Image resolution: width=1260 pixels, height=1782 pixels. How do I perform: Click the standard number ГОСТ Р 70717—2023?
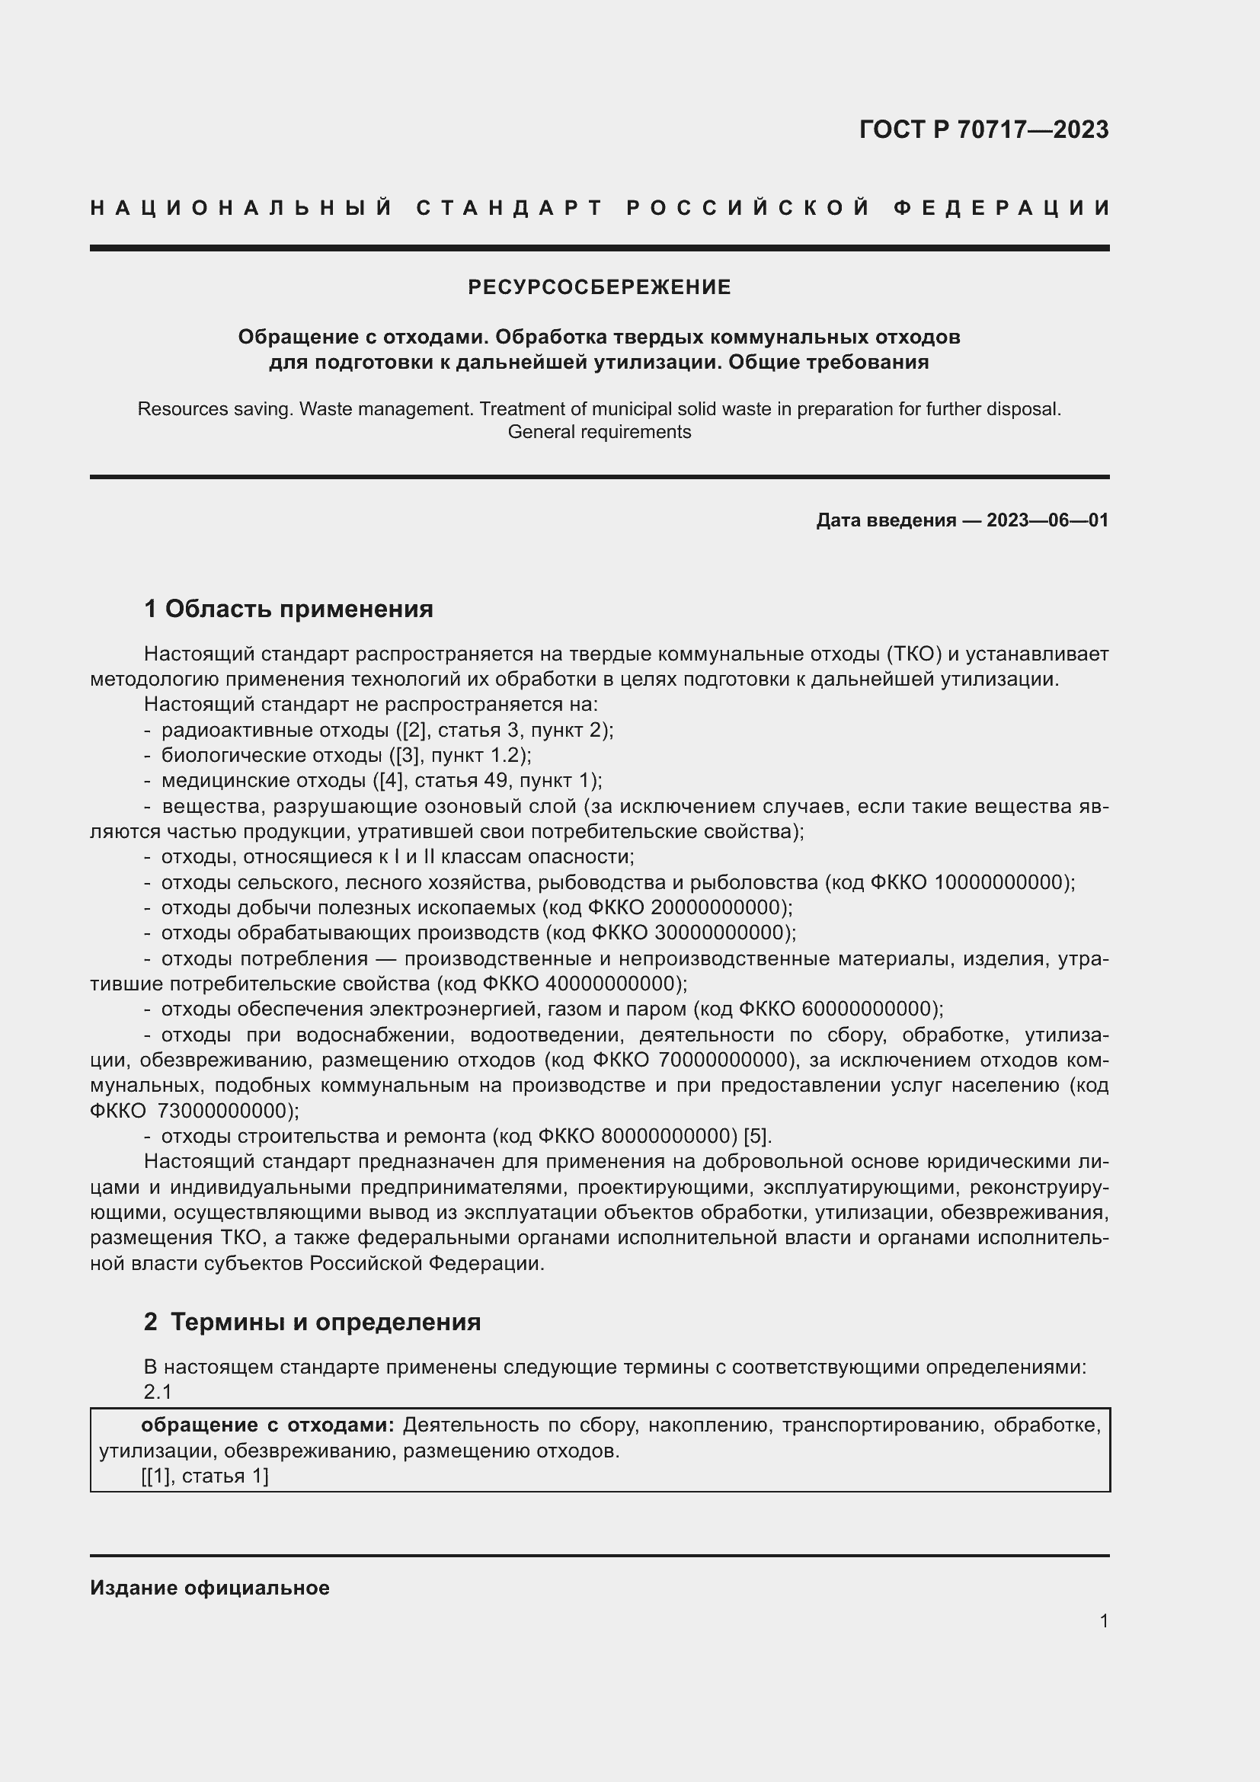coord(983,130)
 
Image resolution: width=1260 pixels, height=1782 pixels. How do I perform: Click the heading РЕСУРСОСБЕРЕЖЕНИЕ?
coord(599,288)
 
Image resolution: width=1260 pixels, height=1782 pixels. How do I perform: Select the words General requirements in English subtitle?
coord(599,432)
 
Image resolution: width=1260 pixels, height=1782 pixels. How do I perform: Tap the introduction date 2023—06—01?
coord(1047,521)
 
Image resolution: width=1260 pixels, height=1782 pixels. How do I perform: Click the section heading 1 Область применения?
coord(288,609)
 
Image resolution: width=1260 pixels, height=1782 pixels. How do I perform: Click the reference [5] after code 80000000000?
coord(756,1137)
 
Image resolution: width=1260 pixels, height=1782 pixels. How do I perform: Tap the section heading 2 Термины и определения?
coord(312,1323)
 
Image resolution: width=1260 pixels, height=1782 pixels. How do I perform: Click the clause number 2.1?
coord(158,1393)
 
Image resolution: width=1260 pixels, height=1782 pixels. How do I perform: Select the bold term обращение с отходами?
coord(267,1425)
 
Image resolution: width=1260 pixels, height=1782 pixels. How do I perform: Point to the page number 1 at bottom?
coord(1104,1621)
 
